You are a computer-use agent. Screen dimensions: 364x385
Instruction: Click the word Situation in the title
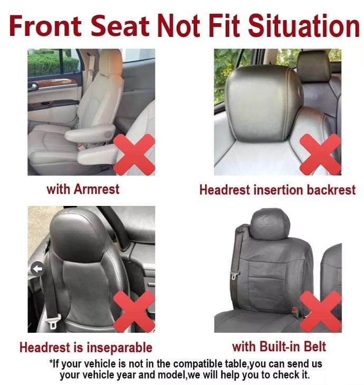click(x=304, y=25)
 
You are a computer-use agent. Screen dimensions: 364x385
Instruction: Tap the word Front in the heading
click(x=45, y=25)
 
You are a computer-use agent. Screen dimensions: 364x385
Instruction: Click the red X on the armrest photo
click(x=134, y=154)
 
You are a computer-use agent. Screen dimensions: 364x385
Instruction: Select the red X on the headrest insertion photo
click(x=320, y=154)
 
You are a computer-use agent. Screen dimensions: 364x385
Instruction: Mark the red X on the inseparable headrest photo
click(x=134, y=312)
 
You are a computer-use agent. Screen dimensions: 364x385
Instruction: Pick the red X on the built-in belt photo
click(x=321, y=312)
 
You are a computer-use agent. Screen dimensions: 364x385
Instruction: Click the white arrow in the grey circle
click(x=37, y=269)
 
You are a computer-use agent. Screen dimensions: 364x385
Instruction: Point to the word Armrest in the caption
click(x=97, y=189)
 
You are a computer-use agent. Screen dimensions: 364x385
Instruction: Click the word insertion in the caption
click(x=278, y=190)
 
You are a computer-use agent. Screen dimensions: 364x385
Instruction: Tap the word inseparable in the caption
click(x=119, y=348)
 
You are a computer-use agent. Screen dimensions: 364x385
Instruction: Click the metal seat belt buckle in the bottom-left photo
click(x=53, y=321)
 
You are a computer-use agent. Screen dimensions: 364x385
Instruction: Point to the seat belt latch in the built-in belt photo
click(x=234, y=275)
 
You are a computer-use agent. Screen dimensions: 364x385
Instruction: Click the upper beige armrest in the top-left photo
click(x=90, y=133)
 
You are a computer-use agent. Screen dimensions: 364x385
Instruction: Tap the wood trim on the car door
click(x=56, y=83)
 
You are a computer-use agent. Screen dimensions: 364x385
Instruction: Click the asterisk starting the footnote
click(x=51, y=362)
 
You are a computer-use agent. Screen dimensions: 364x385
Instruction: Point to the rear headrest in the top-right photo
click(x=313, y=66)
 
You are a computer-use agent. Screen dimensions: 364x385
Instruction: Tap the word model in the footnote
click(x=170, y=374)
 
